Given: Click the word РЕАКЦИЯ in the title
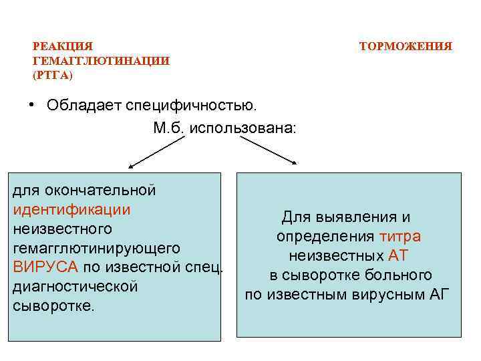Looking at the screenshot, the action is tap(62, 47).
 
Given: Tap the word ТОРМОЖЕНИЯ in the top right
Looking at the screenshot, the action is tap(406, 47).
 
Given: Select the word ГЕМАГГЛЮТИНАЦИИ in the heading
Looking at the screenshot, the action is tap(101, 61).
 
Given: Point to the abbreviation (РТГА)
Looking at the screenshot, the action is tap(53, 75).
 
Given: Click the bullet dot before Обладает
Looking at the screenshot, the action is tap(31, 106).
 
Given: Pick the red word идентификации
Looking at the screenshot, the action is tap(71, 209).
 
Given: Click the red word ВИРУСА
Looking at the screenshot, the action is tap(45, 267).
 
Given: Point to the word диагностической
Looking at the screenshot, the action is tap(75, 287).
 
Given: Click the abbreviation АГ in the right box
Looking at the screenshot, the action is tap(440, 295).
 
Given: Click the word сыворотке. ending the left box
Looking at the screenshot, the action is tap(54, 306).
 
